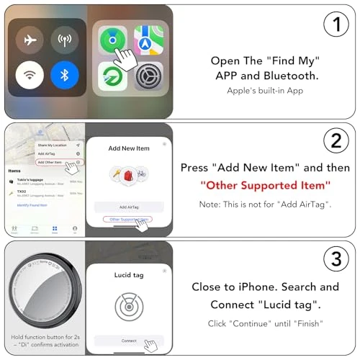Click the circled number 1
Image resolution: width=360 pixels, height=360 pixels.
coord(335,26)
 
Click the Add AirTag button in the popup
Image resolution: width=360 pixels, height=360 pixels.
coord(129,206)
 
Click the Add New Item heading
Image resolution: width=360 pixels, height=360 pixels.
coord(129,148)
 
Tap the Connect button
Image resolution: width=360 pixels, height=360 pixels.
coord(129,340)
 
